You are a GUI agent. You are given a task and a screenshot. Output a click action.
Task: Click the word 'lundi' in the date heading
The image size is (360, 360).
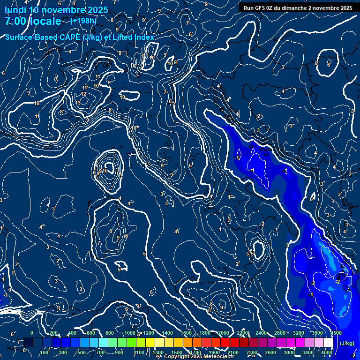point(15,10)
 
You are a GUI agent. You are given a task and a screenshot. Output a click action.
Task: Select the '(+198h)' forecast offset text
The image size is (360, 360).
point(84,21)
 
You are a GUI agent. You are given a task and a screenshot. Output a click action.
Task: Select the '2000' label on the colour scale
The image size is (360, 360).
point(224,333)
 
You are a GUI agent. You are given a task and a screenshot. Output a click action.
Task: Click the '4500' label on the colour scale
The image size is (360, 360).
point(336,333)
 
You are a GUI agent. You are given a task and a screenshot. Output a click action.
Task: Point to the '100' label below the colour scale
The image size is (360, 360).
point(45,352)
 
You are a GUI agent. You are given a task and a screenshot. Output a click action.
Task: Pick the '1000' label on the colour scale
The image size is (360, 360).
point(130,333)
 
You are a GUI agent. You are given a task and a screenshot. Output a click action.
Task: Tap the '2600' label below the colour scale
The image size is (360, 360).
point(270,352)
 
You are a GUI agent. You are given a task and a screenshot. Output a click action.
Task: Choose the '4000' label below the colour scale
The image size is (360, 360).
point(327,352)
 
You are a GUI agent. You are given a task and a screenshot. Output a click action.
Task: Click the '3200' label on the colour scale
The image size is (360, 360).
point(299,333)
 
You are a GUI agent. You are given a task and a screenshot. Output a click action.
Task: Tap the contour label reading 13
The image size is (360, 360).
point(78,103)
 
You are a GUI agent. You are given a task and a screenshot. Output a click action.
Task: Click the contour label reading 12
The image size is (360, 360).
point(83,94)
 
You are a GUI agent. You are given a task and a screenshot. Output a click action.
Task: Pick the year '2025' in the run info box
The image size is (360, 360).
point(346,8)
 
